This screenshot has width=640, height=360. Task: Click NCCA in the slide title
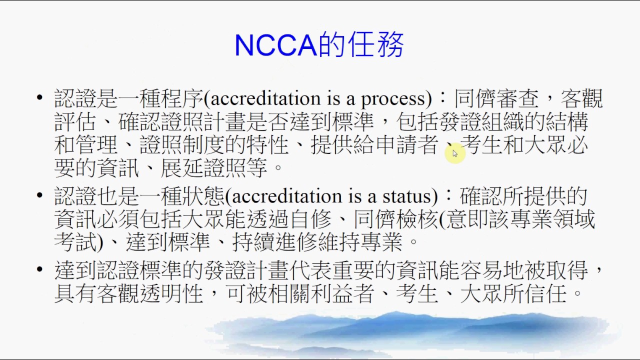275,45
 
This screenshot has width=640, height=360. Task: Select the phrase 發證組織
460,122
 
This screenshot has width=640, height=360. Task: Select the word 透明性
171,293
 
